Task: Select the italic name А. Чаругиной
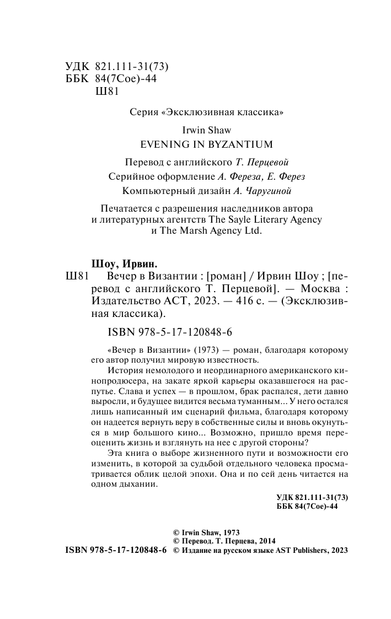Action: click(256, 191)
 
